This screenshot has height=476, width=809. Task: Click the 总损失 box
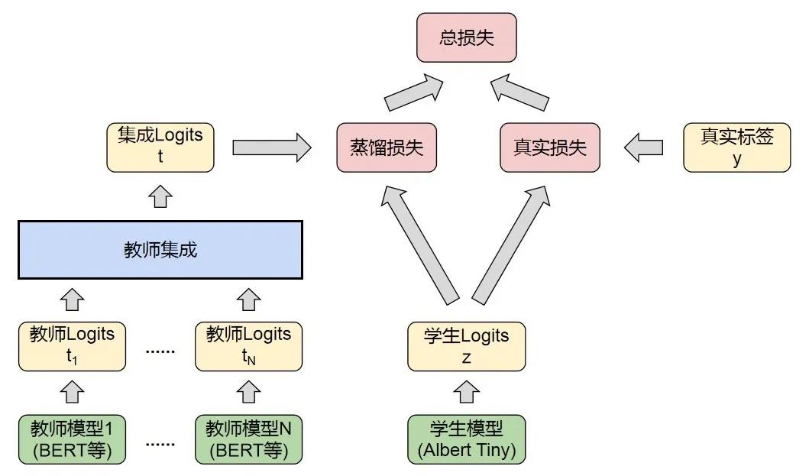coord(466,37)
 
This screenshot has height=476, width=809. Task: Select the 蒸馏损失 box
coord(387,147)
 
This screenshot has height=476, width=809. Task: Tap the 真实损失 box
coord(550,147)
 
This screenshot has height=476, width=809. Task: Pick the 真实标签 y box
coord(737,147)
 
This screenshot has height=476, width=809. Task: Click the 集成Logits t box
coord(160,146)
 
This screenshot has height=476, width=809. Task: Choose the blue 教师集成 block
coord(160,250)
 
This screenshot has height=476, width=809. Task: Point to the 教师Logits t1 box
coord(72,346)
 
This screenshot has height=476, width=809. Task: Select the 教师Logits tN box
coord(248,346)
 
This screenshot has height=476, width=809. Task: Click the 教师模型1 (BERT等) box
coord(72,439)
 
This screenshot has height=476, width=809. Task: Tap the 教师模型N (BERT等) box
coord(248,439)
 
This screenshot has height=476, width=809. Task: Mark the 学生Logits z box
coord(467,346)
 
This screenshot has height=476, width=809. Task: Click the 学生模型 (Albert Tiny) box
coord(467,439)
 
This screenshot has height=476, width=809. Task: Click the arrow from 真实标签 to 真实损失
coord(644,146)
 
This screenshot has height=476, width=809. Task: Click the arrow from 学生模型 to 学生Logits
coord(467,392)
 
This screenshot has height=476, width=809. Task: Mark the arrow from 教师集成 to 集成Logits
coord(160,197)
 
